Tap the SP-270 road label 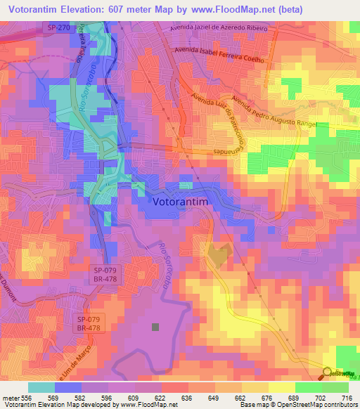(60, 27)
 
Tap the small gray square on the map (155, 326)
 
